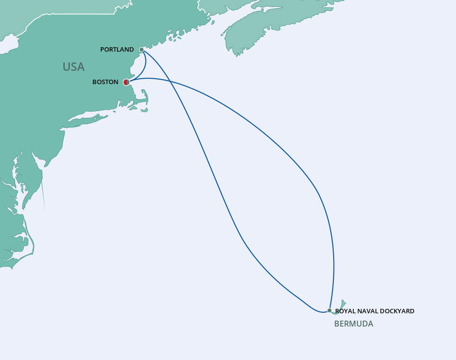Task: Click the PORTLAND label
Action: (117, 50)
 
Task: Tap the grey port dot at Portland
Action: (142, 49)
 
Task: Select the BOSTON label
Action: (105, 82)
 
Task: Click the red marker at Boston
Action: (126, 82)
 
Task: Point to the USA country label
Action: (73, 67)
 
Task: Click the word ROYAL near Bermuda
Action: (345, 311)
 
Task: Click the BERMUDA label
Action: (353, 324)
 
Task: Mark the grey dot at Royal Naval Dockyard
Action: (329, 311)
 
